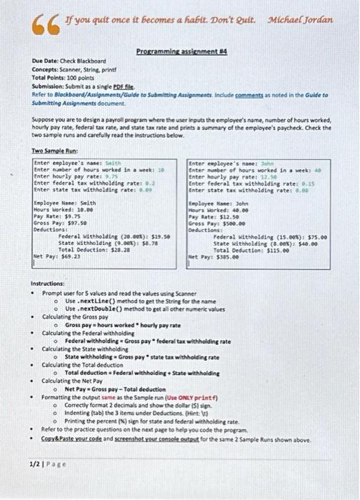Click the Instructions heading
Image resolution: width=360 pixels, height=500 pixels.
click(53, 284)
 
